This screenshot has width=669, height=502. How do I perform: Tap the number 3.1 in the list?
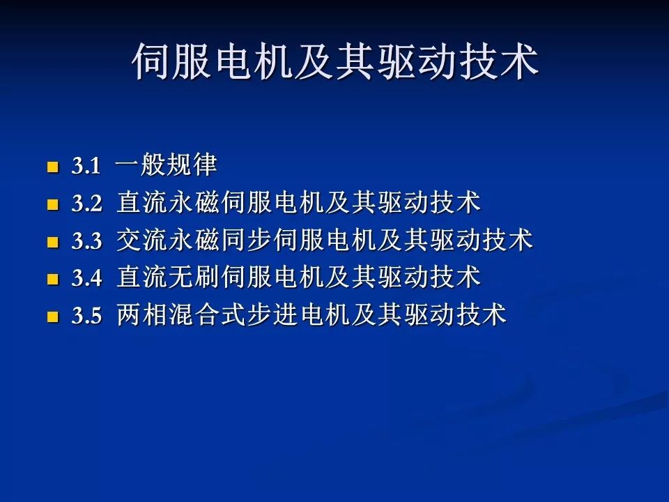86,167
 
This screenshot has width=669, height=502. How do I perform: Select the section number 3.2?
86,204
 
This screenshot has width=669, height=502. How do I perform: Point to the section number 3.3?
86,242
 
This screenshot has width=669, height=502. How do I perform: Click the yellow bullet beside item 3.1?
52,167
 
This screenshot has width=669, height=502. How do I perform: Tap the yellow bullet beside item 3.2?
52,205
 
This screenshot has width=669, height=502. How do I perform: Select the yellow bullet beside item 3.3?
52,243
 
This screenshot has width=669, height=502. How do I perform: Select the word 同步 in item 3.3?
247,241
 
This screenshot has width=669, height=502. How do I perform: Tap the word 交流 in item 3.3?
142,241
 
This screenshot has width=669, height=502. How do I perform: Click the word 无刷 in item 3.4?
194,278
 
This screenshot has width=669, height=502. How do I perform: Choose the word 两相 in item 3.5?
142,316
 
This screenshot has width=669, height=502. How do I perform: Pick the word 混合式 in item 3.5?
208,316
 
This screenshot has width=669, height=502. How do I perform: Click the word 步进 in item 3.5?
272,316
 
